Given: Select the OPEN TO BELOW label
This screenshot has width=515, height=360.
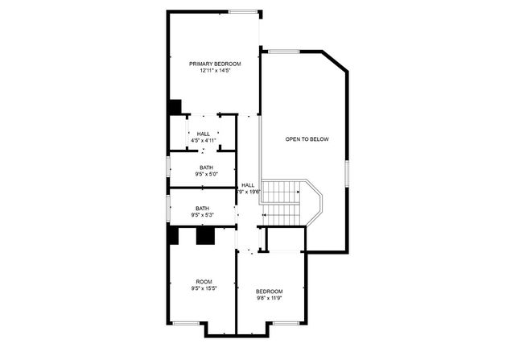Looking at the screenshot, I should [307, 139].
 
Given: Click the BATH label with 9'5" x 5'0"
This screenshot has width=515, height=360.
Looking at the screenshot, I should [207, 168].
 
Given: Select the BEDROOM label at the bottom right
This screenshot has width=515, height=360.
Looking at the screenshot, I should [270, 291].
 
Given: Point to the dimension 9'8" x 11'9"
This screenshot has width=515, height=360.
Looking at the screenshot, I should [270, 298].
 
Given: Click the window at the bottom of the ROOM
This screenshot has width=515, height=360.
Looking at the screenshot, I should [186, 323].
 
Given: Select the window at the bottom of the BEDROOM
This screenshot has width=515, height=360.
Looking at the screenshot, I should [284, 323].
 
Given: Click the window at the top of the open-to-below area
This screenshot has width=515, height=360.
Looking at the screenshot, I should [283, 52].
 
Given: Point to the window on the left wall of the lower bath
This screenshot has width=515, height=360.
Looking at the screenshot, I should [168, 209].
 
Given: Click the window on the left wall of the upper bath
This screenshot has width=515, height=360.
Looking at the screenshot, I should [168, 167].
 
